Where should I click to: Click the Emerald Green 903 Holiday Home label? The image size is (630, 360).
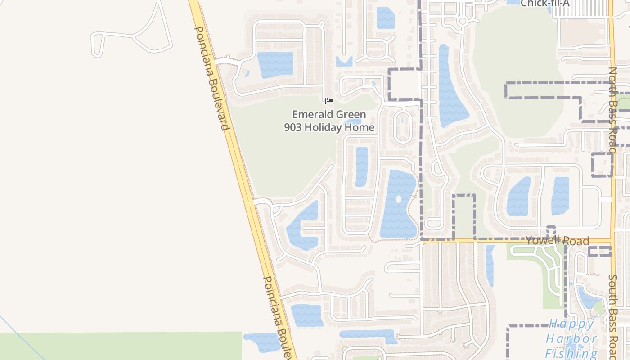[329, 121]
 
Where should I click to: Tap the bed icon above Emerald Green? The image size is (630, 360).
[329, 101]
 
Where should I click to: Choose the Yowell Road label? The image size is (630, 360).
[558, 240]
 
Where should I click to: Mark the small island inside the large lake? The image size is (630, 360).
[398, 199]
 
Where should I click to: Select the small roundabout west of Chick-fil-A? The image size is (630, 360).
[463, 21]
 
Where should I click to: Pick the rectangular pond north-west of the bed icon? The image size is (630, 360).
[275, 64]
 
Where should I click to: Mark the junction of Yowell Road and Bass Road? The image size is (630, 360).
[612, 241]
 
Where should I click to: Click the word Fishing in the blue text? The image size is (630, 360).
[571, 353]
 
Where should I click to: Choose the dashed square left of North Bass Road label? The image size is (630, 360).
[602, 164]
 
